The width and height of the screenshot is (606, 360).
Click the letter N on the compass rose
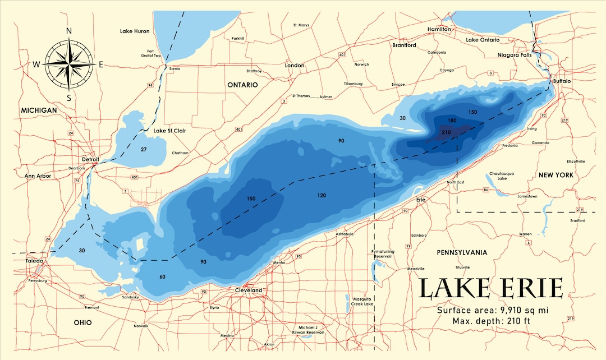coord(69,31)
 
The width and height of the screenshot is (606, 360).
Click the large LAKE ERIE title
coord(490,288)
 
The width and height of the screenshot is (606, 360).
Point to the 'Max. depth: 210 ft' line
coord(491,321)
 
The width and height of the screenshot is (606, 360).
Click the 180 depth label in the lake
coord(452,121)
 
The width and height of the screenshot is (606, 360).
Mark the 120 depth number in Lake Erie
coord(322,195)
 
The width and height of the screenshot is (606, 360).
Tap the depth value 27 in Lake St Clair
coord(144,149)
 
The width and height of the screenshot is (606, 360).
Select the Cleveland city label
coord(248,290)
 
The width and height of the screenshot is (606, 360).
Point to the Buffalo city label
coord(561,81)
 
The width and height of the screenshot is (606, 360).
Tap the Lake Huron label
coord(135,31)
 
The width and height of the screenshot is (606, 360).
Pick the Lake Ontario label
coord(483,40)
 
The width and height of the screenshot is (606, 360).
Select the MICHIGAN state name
coord(39,110)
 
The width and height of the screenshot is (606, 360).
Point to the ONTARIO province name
coord(242,85)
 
